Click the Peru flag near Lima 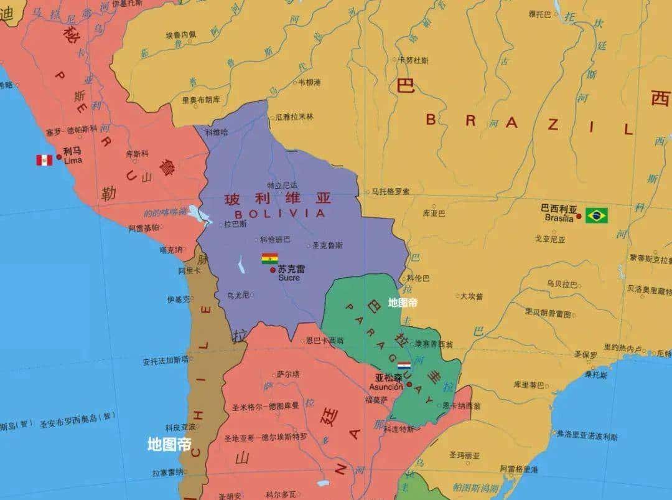click(44, 160)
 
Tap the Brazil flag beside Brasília click(597, 215)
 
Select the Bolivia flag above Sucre click(269, 258)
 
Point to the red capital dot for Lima click(59, 157)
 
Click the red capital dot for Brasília click(579, 216)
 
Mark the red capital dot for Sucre click(273, 270)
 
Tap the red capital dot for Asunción click(409, 384)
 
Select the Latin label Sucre click(289, 278)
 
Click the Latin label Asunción click(386, 387)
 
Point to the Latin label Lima click(73, 160)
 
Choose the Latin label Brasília click(559, 218)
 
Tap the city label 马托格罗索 click(391, 192)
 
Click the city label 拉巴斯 click(235, 224)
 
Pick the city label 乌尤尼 click(238, 295)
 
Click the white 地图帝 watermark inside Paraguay click(403, 303)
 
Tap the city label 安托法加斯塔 click(165, 360)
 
